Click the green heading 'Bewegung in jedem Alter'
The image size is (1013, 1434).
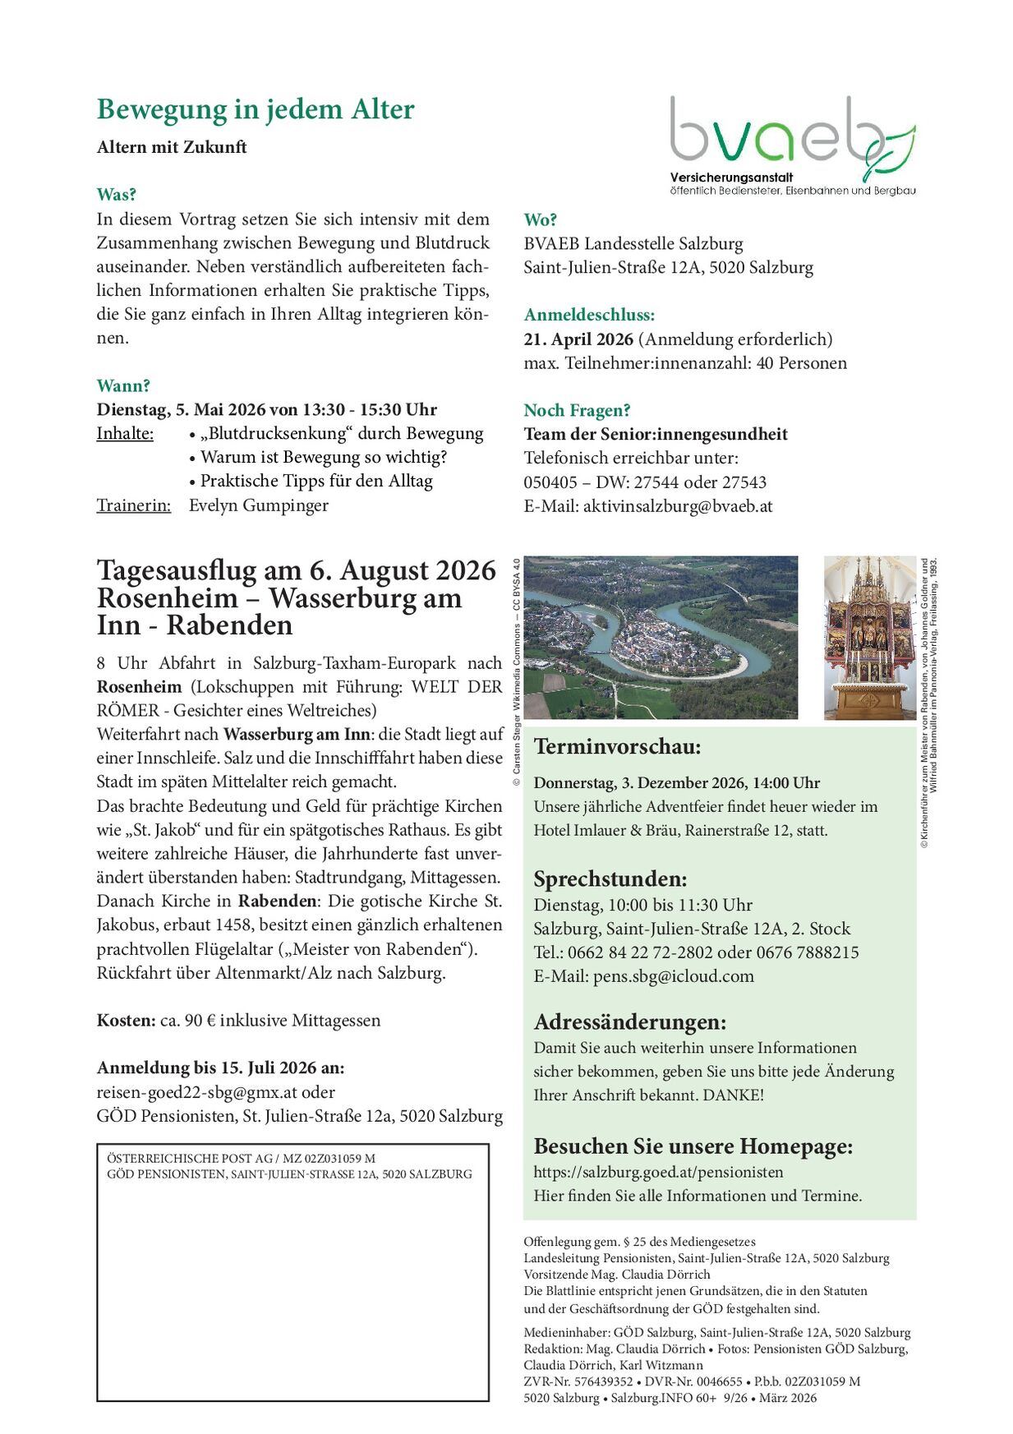(256, 109)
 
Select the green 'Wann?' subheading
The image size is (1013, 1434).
(123, 385)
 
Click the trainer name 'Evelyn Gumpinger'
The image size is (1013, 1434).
(259, 505)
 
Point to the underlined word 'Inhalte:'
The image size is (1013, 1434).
(125, 434)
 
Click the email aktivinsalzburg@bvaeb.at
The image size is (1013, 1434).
(678, 506)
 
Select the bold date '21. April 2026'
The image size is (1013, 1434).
(578, 339)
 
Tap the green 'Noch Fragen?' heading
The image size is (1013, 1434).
(577, 410)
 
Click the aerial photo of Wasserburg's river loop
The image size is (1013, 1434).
(661, 638)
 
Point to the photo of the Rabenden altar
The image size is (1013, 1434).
(869, 638)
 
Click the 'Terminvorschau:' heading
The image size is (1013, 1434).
(617, 747)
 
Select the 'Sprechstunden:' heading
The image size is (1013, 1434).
(610, 878)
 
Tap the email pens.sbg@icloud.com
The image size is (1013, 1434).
(673, 976)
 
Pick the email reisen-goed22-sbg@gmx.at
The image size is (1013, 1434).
(196, 1092)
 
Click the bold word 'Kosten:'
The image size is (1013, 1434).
(126, 1021)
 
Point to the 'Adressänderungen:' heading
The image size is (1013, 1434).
(630, 1022)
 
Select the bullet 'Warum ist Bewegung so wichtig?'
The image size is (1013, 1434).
(324, 458)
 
